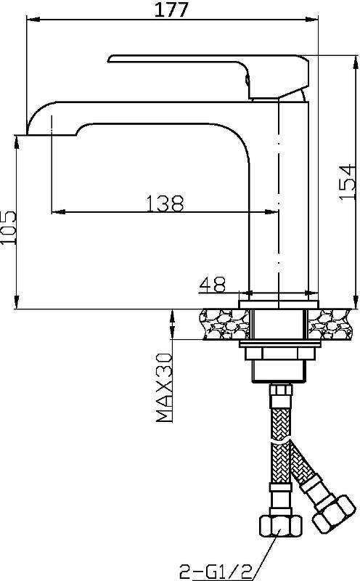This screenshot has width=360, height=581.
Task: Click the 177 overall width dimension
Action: point(171,9)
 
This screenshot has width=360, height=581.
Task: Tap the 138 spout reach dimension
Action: point(165,203)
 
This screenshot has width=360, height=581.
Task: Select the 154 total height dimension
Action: point(347,182)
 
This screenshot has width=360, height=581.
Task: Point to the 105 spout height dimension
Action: point(9,227)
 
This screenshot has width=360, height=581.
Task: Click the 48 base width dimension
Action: point(213,284)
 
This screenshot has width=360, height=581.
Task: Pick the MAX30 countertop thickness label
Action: point(165,388)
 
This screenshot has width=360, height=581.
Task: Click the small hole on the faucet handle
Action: point(247,79)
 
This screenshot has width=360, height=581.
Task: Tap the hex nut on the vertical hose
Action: point(281,525)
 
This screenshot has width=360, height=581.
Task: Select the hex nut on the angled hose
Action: point(334,513)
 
